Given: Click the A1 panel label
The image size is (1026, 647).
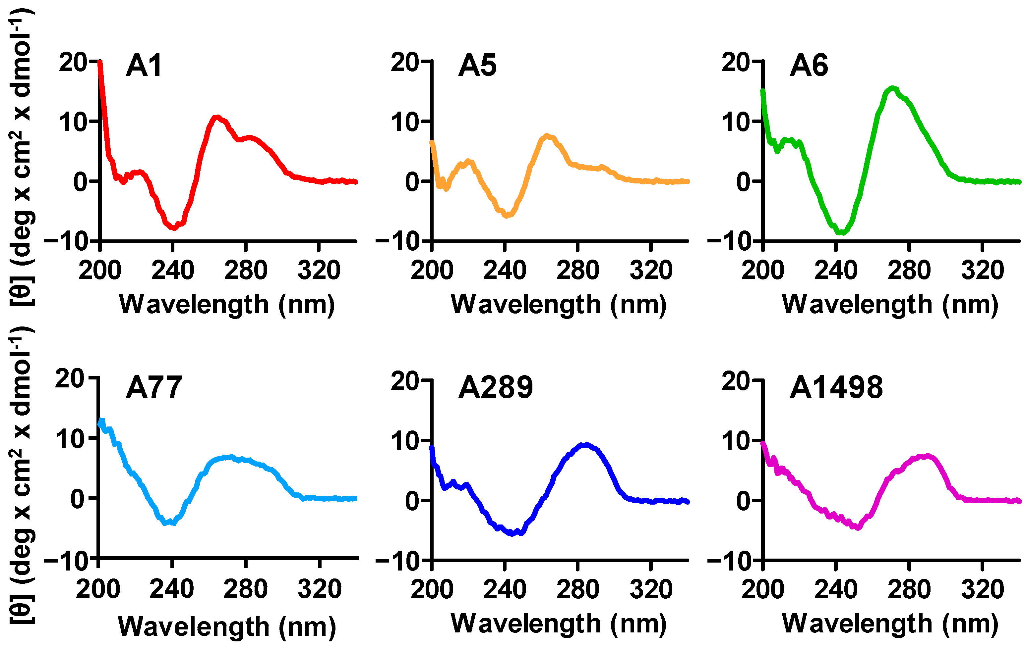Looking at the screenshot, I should [144, 66].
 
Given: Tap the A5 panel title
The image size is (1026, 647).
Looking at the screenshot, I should [477, 66].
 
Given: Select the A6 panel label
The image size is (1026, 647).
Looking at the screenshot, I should [808, 66].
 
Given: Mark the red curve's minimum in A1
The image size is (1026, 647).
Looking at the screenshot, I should [174, 228].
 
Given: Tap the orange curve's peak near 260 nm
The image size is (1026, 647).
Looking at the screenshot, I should [547, 136].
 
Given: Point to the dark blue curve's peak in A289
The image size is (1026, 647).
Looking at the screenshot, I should [587, 445].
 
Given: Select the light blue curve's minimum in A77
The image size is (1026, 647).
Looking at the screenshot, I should [166, 522].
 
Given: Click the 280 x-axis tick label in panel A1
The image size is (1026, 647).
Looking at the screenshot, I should [246, 271].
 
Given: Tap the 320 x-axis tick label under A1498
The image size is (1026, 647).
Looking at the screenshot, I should [982, 589].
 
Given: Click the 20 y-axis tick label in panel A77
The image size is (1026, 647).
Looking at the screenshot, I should [70, 378].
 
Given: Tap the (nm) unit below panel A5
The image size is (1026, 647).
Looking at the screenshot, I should [638, 305].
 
